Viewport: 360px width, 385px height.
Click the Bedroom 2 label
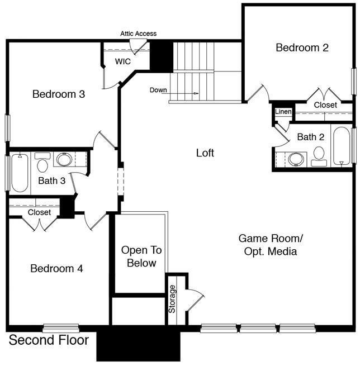(302, 48)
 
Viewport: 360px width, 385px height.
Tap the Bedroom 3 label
(59, 94)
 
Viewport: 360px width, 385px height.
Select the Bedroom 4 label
(56, 269)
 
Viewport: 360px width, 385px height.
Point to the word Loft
(205, 153)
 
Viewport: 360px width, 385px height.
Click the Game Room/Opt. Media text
(271, 245)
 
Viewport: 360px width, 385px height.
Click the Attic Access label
(138, 34)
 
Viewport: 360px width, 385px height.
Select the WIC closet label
(123, 61)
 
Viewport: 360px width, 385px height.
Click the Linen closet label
(283, 112)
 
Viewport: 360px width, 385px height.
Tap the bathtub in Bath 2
(341, 146)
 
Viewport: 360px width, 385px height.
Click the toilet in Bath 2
(319, 155)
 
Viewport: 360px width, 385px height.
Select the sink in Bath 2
(296, 159)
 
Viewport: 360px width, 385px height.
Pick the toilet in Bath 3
(42, 164)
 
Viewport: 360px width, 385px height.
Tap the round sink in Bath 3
(64, 160)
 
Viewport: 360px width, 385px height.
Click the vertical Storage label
(173, 299)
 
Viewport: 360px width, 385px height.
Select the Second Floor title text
(49, 340)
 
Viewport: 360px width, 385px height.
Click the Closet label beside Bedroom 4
(39, 212)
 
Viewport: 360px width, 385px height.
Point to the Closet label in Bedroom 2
(325, 105)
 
